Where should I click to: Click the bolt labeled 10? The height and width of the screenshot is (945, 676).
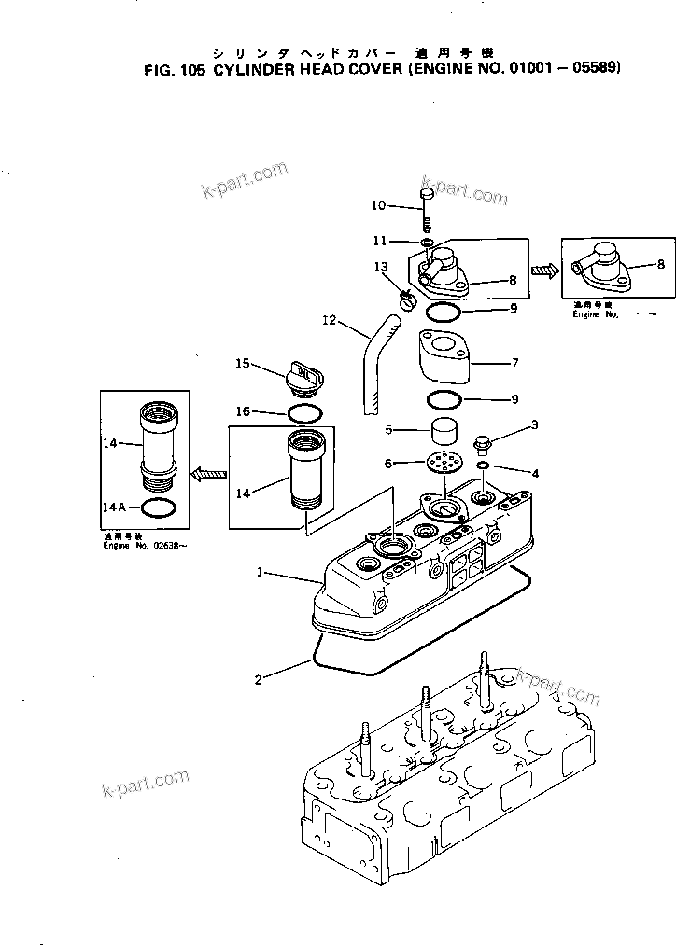click(x=427, y=209)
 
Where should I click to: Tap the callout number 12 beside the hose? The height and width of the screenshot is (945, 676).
click(x=329, y=323)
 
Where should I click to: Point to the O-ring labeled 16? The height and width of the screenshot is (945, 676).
click(x=301, y=411)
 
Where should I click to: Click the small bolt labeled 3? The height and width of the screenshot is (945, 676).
click(x=483, y=438)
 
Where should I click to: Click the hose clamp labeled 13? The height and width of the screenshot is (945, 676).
click(x=406, y=299)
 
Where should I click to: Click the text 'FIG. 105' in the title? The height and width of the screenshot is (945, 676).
click(x=176, y=68)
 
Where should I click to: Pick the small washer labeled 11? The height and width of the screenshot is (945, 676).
click(x=426, y=243)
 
